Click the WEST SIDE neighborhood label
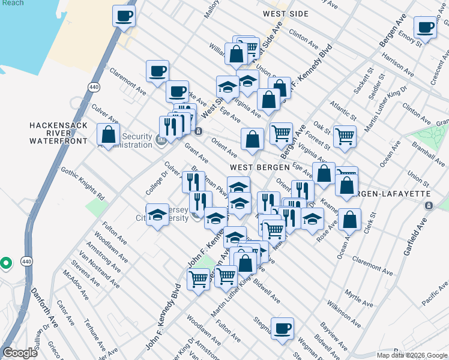coord(286,14)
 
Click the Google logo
coord(20,353)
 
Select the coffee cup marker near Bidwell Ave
coord(282,328)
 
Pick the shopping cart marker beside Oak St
coord(345,136)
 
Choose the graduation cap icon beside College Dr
coord(158,215)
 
